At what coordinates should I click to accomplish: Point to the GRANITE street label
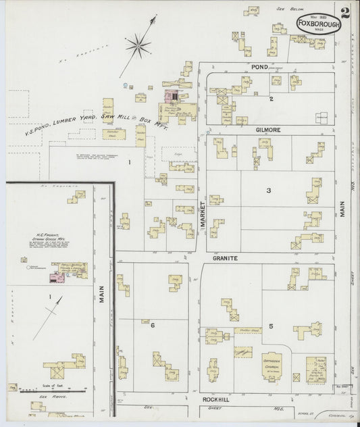(225, 257)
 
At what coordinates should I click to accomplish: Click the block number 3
(268, 191)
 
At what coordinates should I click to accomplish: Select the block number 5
(270, 326)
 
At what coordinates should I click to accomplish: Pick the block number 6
(153, 326)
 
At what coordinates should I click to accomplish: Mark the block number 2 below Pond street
(271, 99)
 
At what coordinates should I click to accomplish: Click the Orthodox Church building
(274, 366)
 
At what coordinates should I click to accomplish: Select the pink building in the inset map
(51, 276)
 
